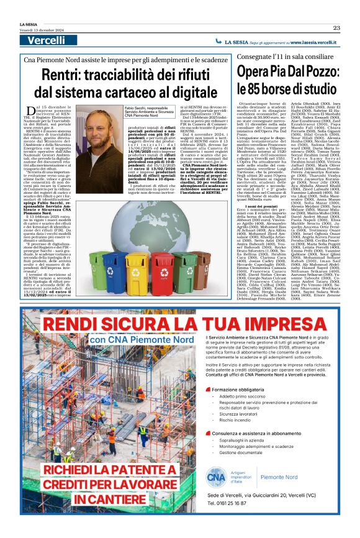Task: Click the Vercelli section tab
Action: pyautogui.click(x=46, y=40)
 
